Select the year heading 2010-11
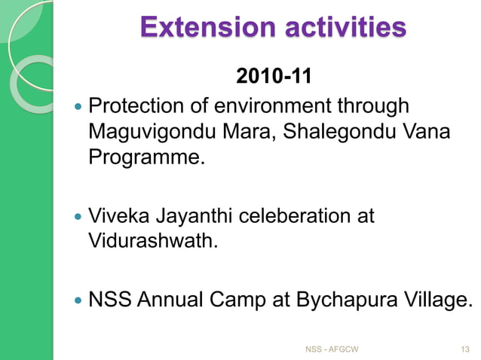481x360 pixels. pyautogui.click(x=272, y=77)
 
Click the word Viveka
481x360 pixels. pyautogui.click(x=118, y=217)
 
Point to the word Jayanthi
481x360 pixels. pyautogui.click(x=192, y=217)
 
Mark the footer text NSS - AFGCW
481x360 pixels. pyautogui.click(x=331, y=349)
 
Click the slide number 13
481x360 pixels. pyautogui.click(x=464, y=349)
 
